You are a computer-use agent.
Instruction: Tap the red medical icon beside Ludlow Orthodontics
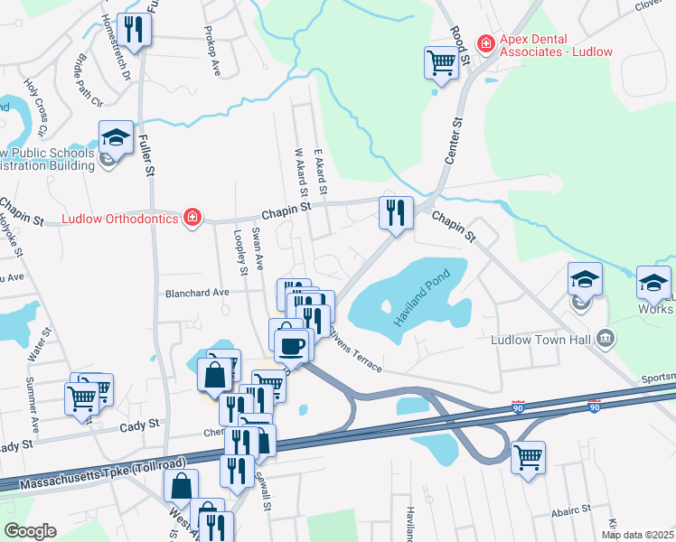click(x=192, y=218)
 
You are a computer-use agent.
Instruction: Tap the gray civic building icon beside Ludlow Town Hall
click(x=606, y=340)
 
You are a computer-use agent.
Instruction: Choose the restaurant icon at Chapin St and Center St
click(x=396, y=212)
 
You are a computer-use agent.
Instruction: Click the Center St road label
click(x=454, y=140)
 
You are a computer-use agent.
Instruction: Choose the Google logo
click(x=30, y=531)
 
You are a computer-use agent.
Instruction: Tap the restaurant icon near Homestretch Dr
click(x=134, y=29)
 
